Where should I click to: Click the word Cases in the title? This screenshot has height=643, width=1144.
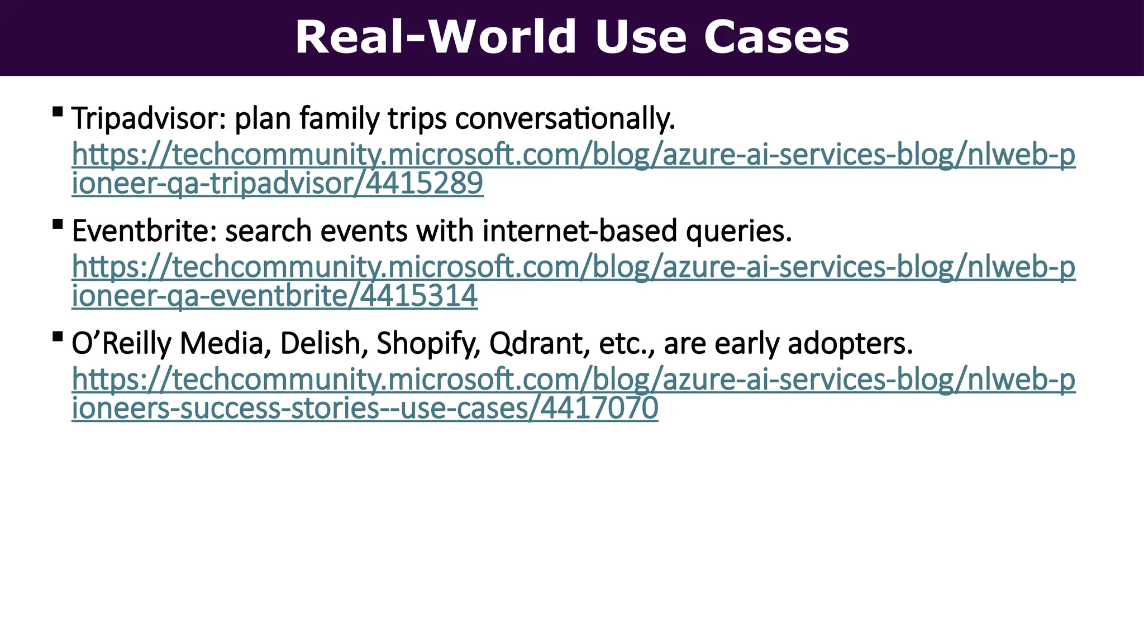tap(776, 37)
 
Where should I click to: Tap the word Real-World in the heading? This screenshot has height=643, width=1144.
tap(435, 37)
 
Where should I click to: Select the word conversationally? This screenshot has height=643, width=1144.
tap(565, 119)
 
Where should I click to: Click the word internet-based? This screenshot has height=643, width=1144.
tap(579, 231)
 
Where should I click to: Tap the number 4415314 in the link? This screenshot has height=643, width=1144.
tap(419, 296)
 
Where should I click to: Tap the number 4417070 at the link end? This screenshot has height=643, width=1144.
tap(599, 408)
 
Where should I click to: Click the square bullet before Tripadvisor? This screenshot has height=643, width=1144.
tap(57, 112)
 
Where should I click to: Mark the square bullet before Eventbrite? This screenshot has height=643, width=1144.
tap(57, 224)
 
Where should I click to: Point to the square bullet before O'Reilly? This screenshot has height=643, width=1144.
tap(57, 336)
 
